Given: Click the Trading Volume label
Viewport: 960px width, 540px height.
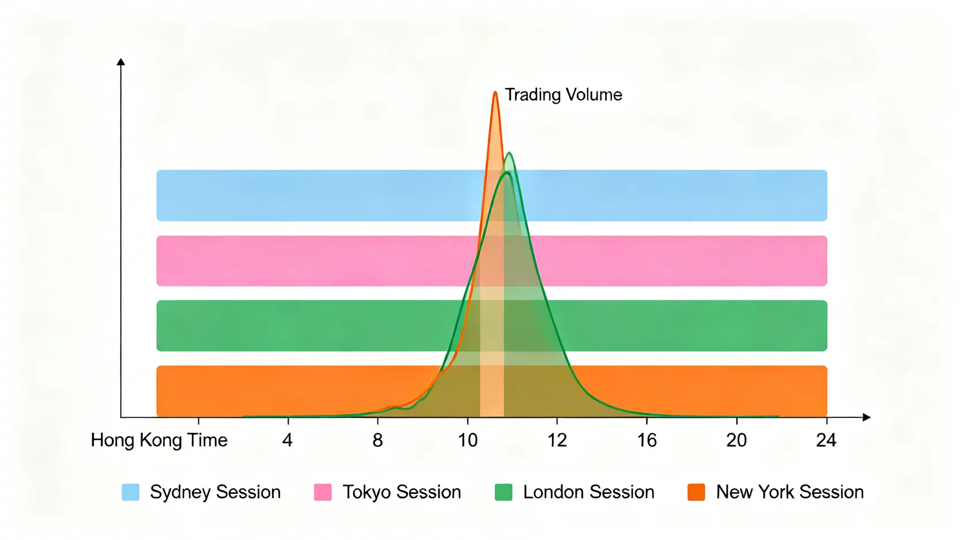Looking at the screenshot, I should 563,95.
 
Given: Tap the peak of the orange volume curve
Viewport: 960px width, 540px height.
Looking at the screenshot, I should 495,93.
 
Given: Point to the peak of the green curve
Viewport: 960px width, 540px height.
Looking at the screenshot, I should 509,153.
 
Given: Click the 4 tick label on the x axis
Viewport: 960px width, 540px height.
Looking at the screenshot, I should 288,440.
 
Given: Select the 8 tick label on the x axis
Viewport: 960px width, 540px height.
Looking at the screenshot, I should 377,440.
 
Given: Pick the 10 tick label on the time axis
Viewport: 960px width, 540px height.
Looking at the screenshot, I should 467,440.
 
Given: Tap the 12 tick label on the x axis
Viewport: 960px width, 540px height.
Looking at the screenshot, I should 557,440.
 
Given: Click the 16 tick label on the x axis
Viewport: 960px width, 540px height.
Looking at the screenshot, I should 647,440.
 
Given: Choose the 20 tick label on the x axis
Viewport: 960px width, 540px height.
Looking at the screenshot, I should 736,440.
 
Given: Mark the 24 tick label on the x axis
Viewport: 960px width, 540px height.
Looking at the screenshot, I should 826,440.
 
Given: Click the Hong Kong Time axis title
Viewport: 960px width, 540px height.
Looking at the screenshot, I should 159,440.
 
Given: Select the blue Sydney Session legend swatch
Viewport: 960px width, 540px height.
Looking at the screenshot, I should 131,492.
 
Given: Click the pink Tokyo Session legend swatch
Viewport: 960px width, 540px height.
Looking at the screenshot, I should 323,492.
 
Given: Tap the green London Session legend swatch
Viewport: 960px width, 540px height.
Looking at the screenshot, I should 504,492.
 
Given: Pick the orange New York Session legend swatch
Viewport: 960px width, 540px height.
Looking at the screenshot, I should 696,492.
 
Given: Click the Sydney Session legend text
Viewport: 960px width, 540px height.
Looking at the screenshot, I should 215,492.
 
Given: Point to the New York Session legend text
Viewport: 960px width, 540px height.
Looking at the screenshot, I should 789,492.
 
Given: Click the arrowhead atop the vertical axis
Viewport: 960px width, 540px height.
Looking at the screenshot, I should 121,62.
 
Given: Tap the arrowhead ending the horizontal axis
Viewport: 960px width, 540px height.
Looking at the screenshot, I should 866,417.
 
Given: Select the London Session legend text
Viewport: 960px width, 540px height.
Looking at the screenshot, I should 588,492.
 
